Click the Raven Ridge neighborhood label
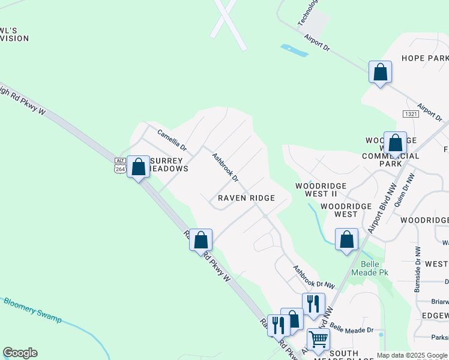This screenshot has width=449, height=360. point(246,198)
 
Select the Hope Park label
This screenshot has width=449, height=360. point(425,58)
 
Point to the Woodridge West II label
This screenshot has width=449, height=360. point(321,190)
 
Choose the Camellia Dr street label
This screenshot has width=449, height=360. point(172,140)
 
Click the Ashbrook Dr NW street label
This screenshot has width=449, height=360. point(313,279)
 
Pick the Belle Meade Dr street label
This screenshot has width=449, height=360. point(351,329)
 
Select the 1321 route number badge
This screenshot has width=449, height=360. point(411,114)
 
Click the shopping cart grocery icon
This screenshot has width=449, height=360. point(318,340)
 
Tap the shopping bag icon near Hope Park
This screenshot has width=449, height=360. point(380,73)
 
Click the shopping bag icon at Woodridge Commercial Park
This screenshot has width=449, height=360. point(395,143)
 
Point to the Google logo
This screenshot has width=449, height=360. point(20,353)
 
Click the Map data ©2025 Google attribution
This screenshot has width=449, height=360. point(412,355)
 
